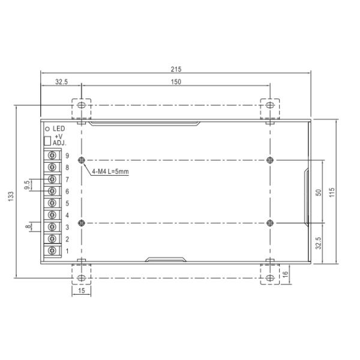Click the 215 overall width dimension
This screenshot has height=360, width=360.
[175, 68]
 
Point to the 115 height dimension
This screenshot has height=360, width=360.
[331, 191]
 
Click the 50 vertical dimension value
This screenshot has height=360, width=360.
[319, 192]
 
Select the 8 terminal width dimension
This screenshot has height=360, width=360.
[28, 226]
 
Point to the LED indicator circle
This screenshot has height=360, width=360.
[47, 128]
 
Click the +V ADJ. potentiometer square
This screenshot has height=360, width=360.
[47, 141]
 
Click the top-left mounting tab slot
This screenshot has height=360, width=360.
[80, 105]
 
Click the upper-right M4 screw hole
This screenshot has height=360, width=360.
[270, 160]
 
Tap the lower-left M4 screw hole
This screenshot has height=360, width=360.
[82, 223]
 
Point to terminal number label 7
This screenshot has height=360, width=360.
[67, 179]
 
